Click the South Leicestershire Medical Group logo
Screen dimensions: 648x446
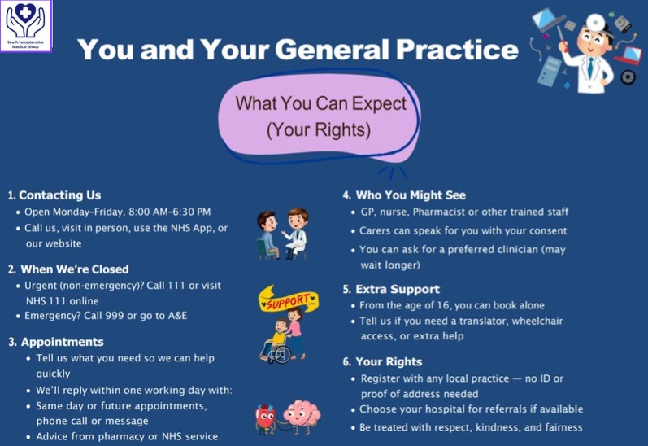(x=26, y=26)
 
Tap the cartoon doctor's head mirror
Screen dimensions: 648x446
(x=596, y=22)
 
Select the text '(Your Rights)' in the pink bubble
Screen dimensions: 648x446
(x=318, y=130)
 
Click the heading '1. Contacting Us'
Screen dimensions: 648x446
(x=54, y=195)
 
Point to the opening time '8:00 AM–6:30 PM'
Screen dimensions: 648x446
(x=169, y=212)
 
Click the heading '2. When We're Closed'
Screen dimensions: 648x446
(x=68, y=269)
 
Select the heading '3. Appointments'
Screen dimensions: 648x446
(x=56, y=342)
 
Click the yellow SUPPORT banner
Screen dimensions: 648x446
(x=289, y=300)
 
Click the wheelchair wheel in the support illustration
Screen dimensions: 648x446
(x=281, y=354)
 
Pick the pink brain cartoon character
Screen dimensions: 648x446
(x=302, y=416)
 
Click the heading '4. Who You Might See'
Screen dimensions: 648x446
(x=404, y=195)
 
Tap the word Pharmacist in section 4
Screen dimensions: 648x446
(x=438, y=212)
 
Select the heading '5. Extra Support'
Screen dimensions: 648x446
(x=391, y=289)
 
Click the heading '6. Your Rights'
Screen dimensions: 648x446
(x=382, y=361)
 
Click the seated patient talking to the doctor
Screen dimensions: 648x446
(x=267, y=234)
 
